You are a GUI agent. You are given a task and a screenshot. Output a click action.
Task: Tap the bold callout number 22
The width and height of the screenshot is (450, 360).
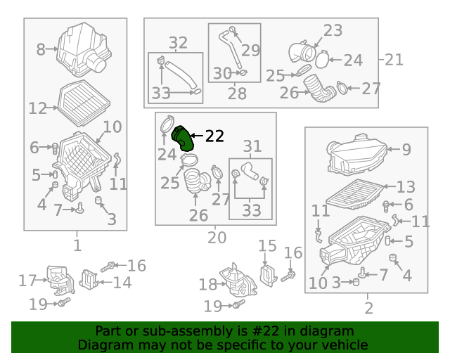click(214, 136)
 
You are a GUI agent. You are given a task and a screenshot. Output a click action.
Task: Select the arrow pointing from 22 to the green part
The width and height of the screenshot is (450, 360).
click(197, 136)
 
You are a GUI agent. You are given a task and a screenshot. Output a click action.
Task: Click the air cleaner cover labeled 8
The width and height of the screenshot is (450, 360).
click(84, 49)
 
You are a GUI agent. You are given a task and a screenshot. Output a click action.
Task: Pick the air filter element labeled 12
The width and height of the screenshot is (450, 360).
click(84, 103)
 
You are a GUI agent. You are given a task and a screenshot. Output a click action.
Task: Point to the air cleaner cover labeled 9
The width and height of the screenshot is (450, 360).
click(357, 155)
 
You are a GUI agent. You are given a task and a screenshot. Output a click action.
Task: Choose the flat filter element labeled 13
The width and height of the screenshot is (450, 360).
click(354, 194)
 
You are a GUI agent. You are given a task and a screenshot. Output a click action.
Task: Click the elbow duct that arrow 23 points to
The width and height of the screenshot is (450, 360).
click(302, 52)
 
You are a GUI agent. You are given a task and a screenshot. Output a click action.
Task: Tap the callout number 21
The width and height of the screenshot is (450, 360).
click(394, 60)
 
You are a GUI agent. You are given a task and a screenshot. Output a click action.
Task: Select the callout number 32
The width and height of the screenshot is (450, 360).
click(178, 43)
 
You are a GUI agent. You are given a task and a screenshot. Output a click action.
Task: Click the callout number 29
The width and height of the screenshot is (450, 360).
click(250, 50)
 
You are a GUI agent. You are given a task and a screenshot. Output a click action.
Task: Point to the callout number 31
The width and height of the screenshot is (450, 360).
click(252, 146)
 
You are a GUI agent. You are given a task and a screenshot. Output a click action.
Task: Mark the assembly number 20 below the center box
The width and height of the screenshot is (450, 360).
click(217, 238)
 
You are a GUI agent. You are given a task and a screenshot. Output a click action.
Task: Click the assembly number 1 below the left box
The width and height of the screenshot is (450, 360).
click(77, 245)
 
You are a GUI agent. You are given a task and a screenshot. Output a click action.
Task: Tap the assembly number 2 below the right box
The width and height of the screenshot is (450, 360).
click(368, 308)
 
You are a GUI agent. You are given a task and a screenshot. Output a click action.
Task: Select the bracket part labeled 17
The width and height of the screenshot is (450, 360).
click(61, 281)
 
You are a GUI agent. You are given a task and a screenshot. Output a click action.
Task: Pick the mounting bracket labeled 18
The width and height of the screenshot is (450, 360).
click(238, 281)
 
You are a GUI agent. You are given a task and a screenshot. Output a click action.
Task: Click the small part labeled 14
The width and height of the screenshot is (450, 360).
click(89, 280)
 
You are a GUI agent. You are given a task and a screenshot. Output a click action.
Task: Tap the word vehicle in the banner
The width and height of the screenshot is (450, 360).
click(349, 345)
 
